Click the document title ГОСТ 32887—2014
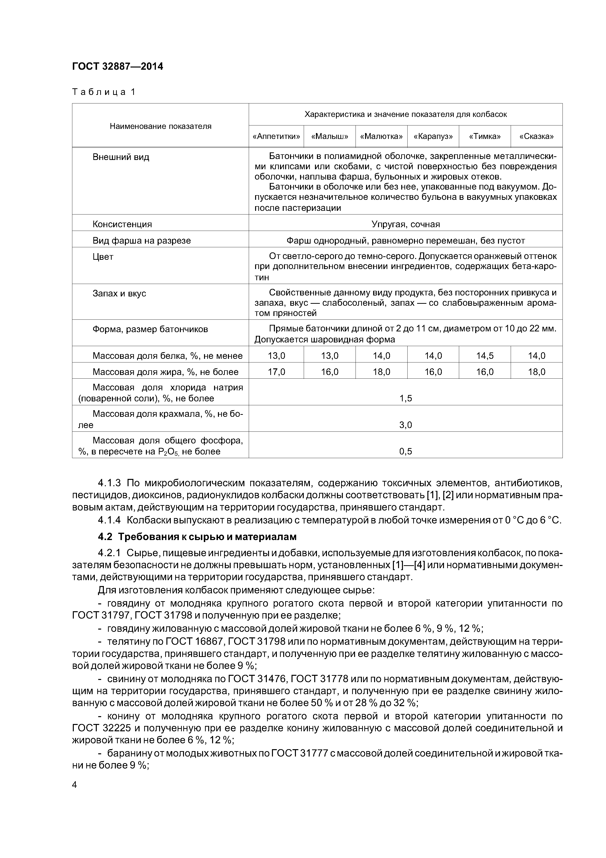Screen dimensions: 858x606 118,67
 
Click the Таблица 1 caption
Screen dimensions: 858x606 103,92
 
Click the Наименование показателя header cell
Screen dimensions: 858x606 161,126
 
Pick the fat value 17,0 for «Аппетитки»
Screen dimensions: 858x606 276,372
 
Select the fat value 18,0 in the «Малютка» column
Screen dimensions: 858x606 381,372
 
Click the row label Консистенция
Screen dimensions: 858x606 122,224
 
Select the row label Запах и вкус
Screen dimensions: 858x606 119,293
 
